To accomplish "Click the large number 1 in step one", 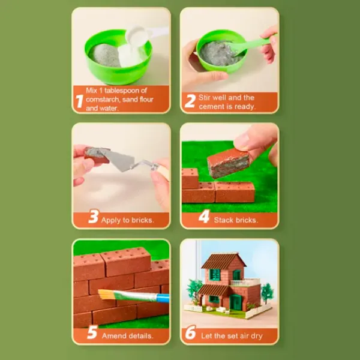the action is tap(79, 101).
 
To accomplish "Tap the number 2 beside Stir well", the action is tap(190, 101).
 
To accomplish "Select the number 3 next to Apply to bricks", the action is tap(94, 216).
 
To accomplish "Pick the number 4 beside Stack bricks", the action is tap(205, 216).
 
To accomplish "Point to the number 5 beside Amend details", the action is tap(92, 332).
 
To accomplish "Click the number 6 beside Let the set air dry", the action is tap(191, 332).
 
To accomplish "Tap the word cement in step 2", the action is tap(210, 107).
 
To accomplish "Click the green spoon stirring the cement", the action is tap(251, 45).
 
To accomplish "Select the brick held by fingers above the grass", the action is tap(229, 162).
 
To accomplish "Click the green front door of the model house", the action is tap(236, 302).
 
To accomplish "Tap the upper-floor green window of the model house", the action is tap(215, 274).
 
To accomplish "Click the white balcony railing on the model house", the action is tap(245, 282).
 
